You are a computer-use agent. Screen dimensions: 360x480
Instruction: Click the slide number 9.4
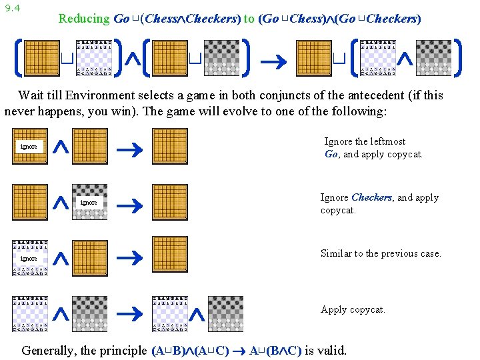tap(11, 8)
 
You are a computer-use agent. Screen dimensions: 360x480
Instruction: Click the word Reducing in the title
tap(83, 19)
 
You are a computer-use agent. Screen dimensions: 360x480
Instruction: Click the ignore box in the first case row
tap(29, 146)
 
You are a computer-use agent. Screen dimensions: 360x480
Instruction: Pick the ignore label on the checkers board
tap(89, 202)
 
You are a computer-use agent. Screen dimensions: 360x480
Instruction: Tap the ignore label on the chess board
tap(29, 258)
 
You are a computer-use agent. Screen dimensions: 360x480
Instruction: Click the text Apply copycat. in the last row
tap(353, 309)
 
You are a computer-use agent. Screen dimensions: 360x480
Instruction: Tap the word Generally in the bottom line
tap(50, 350)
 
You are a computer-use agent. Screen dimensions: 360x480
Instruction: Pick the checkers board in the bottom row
tap(225, 313)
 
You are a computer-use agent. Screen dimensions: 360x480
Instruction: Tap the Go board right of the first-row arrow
tap(170, 146)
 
